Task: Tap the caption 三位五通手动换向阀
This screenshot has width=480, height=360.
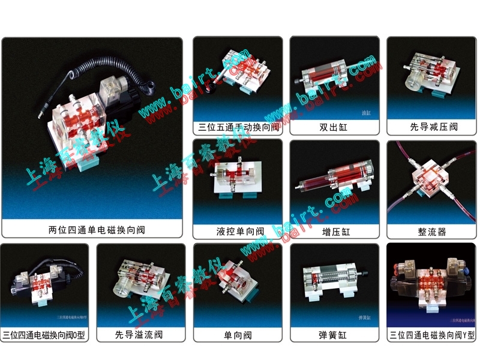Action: [x=238, y=127]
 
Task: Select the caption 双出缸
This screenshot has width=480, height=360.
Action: [x=334, y=127]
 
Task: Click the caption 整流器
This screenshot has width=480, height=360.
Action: [x=431, y=231]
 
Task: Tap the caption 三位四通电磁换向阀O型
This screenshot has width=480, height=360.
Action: [x=44, y=334]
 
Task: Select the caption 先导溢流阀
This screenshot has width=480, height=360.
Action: [x=140, y=334]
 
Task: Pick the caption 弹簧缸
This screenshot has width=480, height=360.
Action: [x=334, y=334]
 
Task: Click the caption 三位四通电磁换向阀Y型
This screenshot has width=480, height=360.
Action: [x=431, y=334]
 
